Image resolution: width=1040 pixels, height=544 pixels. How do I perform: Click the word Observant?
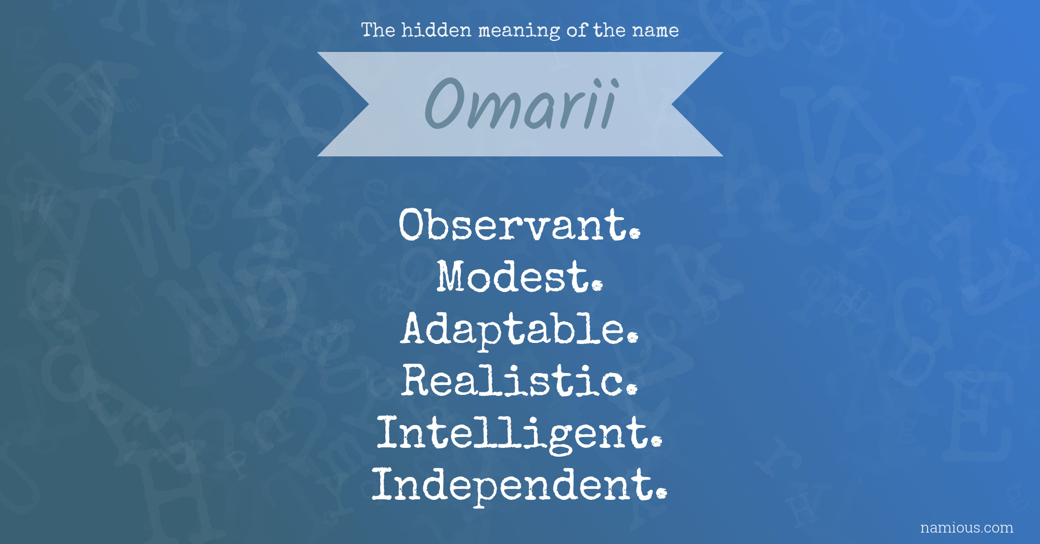pos(519,224)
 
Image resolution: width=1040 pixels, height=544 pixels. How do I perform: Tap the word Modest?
pos(519,276)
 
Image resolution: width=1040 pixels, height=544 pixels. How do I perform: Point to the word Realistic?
pos(519,380)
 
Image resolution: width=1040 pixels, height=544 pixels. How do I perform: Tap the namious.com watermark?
pos(967,527)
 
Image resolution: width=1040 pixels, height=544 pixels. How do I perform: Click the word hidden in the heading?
pos(436,30)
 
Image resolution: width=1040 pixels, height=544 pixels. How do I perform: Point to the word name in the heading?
pos(655,31)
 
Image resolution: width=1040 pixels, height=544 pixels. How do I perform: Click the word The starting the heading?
pos(378,30)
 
